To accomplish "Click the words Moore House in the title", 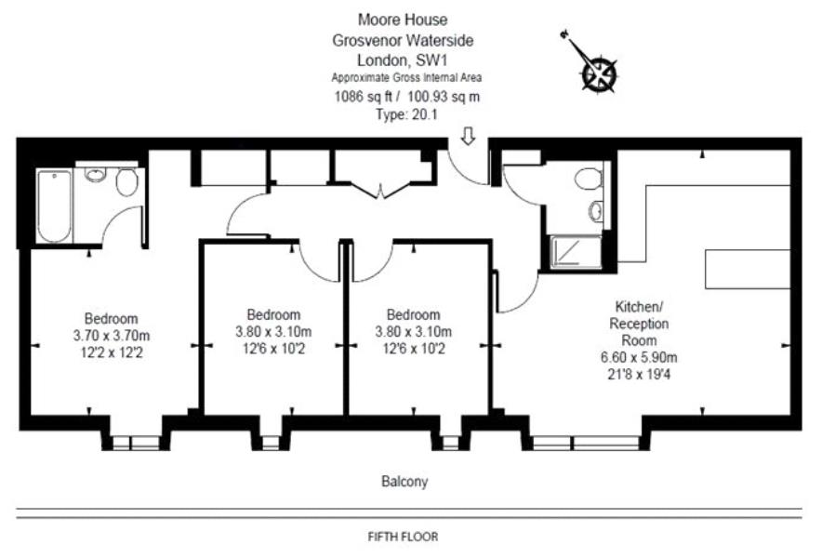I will click(x=403, y=19).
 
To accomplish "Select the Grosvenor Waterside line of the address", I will click(x=403, y=40).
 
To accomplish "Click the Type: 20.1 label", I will click(x=403, y=114).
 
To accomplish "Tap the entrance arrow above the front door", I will click(x=468, y=137).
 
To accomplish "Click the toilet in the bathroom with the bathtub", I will click(x=127, y=181).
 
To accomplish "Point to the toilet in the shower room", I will click(x=588, y=179).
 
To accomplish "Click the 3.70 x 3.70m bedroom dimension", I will click(x=112, y=334).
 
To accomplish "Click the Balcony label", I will click(x=404, y=482).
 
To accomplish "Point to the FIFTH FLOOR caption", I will click(x=403, y=537).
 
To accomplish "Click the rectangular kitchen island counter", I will click(x=743, y=269).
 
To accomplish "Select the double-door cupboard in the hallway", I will click(x=381, y=177).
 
